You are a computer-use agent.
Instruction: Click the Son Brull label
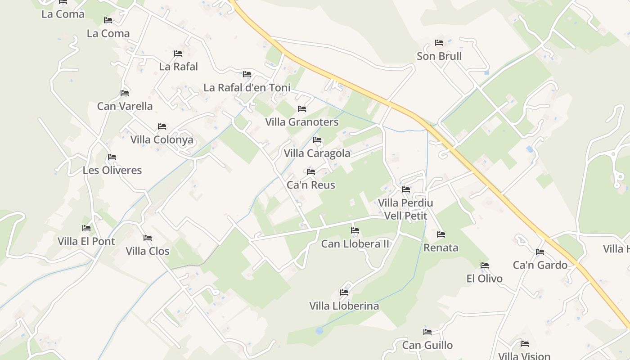pos(439,56)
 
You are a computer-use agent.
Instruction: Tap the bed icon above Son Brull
pos(439,43)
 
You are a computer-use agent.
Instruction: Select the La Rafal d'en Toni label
pos(247,87)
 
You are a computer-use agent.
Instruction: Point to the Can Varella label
pos(125,106)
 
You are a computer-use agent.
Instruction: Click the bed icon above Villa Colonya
pos(162,126)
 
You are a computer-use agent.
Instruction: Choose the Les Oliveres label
pos(112,170)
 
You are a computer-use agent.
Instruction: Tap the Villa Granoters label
pos(302,122)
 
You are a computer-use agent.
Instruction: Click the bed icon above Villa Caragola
pos(317,140)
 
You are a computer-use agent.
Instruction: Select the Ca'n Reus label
pos(311,185)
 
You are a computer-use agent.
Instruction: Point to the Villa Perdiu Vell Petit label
pos(405,209)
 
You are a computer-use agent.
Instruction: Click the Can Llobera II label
pos(355,244)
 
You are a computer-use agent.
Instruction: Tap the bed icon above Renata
pos(441,234)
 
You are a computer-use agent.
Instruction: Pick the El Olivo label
pos(485,279)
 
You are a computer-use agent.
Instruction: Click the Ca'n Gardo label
pos(540,265)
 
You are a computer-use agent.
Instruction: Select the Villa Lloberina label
pos(344,306)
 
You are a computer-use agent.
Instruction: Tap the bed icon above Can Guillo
pos(427,332)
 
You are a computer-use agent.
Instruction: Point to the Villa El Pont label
pos(86,241)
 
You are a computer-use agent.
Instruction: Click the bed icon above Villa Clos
pos(148,238)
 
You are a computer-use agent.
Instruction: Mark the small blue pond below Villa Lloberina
pos(319,331)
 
